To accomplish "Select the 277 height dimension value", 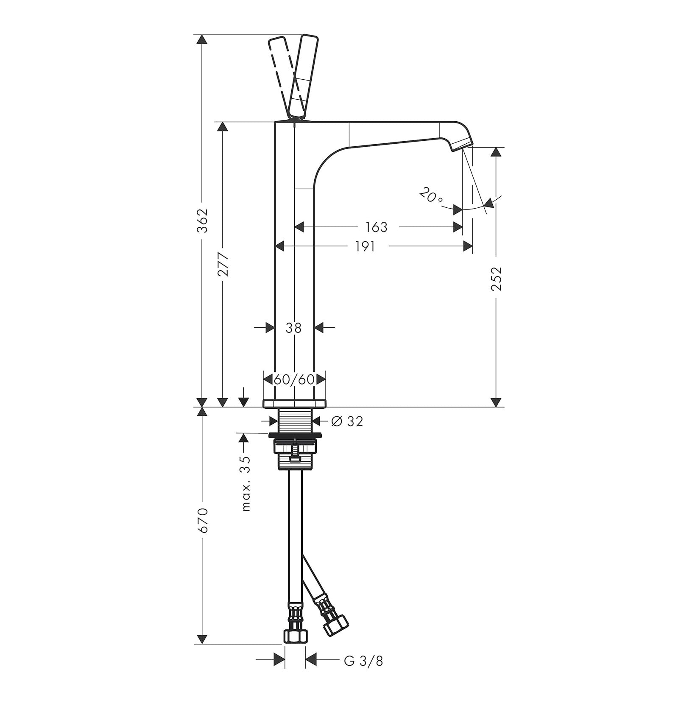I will (x=223, y=264).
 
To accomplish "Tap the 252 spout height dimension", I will (x=496, y=278).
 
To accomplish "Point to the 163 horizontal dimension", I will (x=376, y=227).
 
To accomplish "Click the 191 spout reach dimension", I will (x=365, y=246).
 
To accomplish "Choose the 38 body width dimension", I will (x=293, y=327).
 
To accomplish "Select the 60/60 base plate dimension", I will (x=294, y=379).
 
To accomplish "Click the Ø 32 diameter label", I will (x=347, y=421).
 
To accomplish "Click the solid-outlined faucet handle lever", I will (x=303, y=76).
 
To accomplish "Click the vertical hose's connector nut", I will (x=295, y=647).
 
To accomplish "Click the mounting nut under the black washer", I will (x=296, y=455).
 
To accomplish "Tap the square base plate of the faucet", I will (x=295, y=403).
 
